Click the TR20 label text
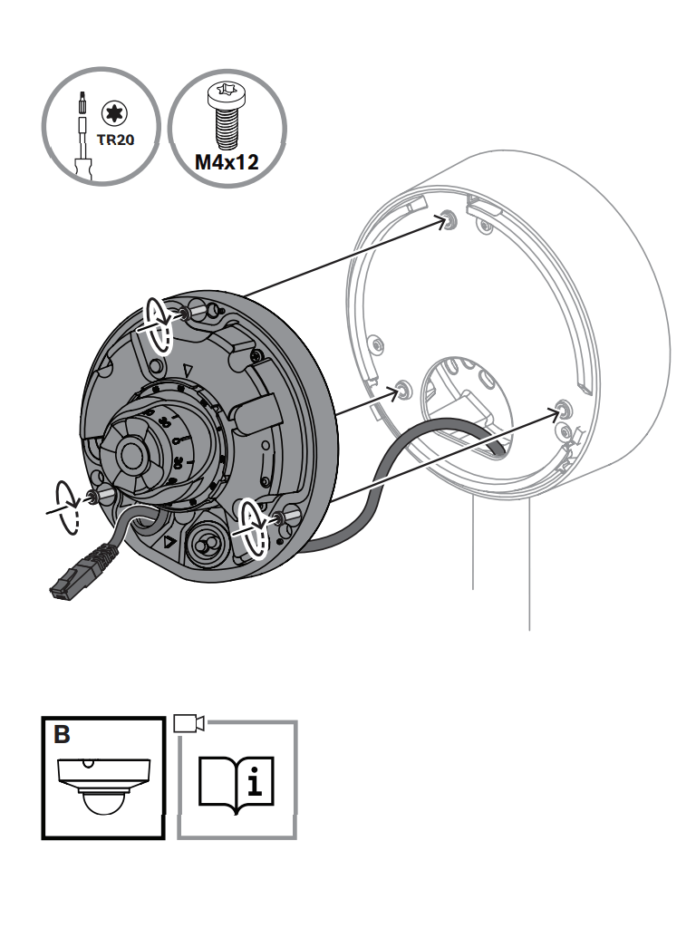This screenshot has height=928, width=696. [115, 140]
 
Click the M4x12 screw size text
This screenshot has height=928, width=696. [227, 162]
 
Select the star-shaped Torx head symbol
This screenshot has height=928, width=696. [114, 112]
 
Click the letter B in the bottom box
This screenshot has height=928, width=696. [62, 734]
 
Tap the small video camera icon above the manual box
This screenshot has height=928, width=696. [188, 722]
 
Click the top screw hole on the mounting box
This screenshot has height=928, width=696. [450, 219]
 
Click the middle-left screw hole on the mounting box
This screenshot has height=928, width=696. [403, 390]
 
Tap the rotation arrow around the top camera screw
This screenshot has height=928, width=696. [158, 324]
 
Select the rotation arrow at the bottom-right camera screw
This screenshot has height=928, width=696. [255, 528]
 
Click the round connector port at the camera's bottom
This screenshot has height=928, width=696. [205, 544]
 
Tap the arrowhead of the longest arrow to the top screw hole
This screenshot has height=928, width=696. [440, 221]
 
